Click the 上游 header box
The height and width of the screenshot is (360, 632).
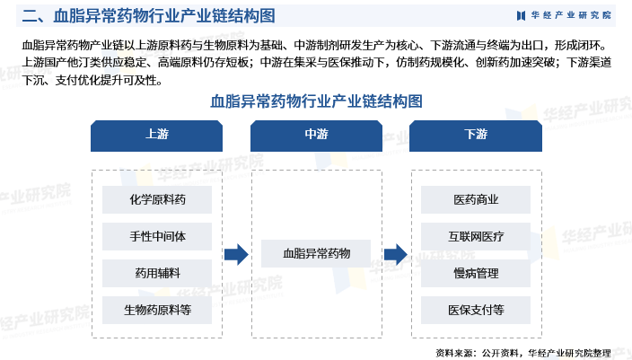point(157,135)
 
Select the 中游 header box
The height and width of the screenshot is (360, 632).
point(316,135)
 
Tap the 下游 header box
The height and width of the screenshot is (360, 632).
point(476,135)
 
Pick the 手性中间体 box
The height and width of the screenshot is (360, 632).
point(157,236)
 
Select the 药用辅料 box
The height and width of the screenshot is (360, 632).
point(157,273)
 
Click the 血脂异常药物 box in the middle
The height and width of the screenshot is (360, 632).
point(316,254)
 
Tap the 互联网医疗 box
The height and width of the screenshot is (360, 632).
point(476,236)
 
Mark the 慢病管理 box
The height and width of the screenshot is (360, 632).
point(476,273)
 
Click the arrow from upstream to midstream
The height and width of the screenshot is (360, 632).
point(236,255)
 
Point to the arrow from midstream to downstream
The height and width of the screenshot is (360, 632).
point(396,255)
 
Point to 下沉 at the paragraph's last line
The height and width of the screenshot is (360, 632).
point(32,80)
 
